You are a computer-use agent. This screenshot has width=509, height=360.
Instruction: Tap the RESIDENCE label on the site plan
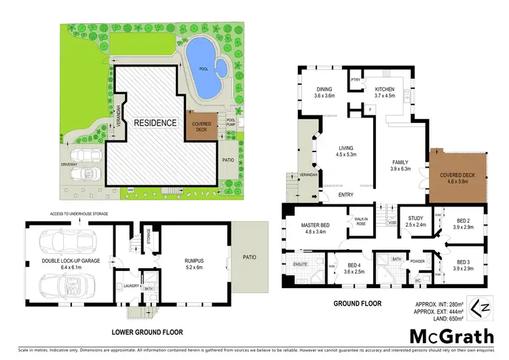click(x=155, y=123)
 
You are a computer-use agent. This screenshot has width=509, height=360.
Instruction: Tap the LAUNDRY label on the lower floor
click(x=130, y=286)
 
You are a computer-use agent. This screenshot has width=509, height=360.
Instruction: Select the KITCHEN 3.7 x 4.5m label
click(x=381, y=92)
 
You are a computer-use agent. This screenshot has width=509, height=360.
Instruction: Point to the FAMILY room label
click(x=402, y=165)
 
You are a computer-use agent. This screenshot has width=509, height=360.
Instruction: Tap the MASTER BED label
click(x=316, y=228)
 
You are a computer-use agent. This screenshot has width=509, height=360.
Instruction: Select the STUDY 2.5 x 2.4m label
click(x=415, y=221)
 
